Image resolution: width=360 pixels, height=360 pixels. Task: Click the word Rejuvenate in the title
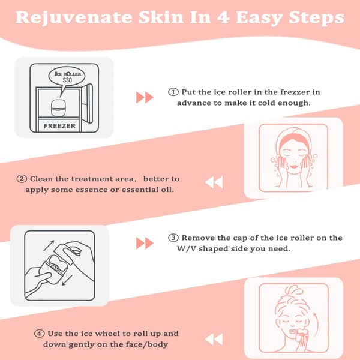point(74,18)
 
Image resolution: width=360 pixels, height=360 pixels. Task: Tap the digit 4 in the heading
point(223,17)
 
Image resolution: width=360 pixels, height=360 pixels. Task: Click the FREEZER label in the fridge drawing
point(59,126)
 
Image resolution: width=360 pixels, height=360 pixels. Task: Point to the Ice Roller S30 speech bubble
point(67,77)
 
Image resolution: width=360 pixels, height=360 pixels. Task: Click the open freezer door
point(87,103)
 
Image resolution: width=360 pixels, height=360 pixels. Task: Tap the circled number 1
point(173,92)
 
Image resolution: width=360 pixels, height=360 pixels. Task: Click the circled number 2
point(22,179)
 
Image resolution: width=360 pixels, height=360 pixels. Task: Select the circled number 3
point(173,238)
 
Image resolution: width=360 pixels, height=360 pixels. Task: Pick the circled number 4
point(39,334)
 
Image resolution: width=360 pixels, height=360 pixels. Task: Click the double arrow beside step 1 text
point(145,97)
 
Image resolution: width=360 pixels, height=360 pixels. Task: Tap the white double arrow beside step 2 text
point(214,182)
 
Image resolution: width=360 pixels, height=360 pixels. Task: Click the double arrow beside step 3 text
point(145,243)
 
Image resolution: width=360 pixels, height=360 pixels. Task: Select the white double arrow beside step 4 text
point(214,340)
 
